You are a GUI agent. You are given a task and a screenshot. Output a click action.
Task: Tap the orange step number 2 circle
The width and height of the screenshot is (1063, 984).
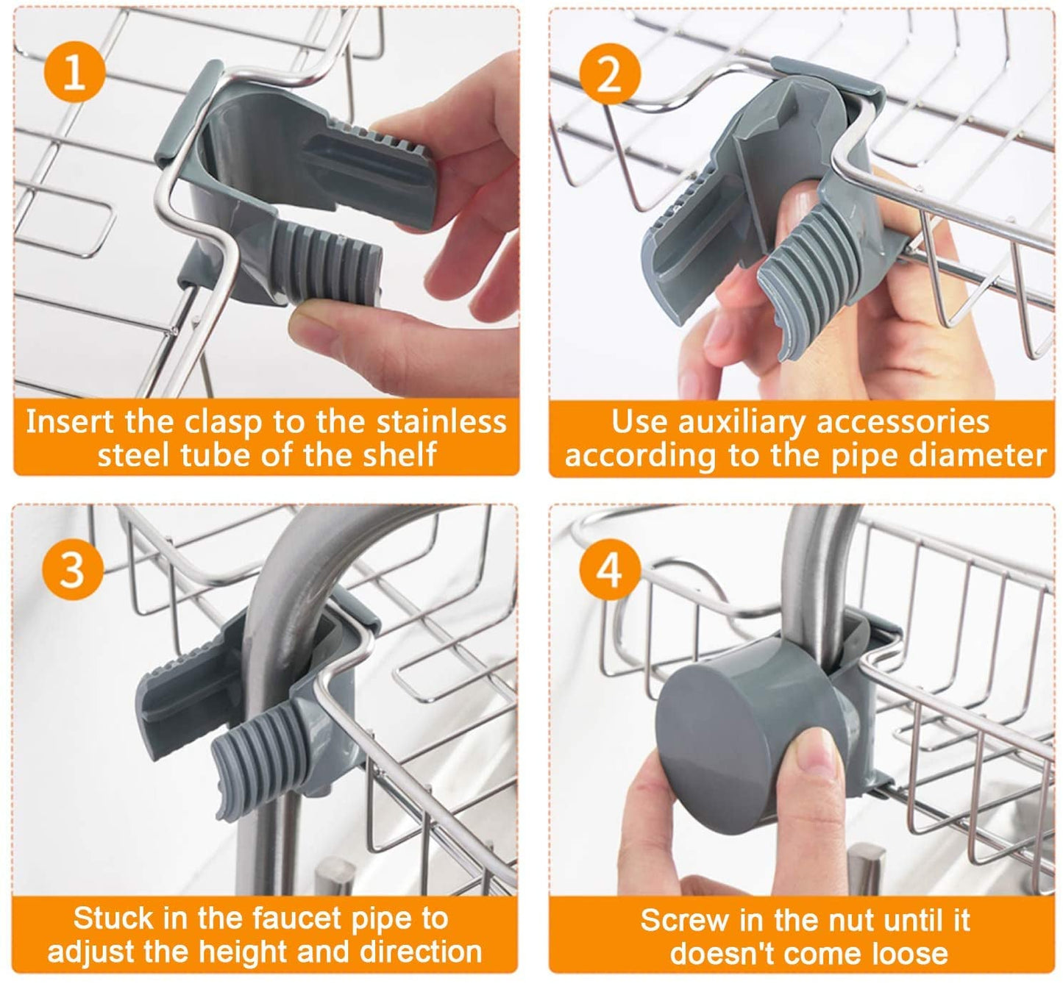pos(609,74)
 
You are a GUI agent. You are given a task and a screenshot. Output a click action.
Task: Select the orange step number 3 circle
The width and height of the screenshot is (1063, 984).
pos(72,568)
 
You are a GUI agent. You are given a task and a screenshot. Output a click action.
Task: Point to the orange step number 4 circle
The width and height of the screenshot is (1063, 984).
pos(609,568)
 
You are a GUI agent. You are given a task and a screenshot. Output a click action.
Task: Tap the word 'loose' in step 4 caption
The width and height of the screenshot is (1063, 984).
pos(911,953)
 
